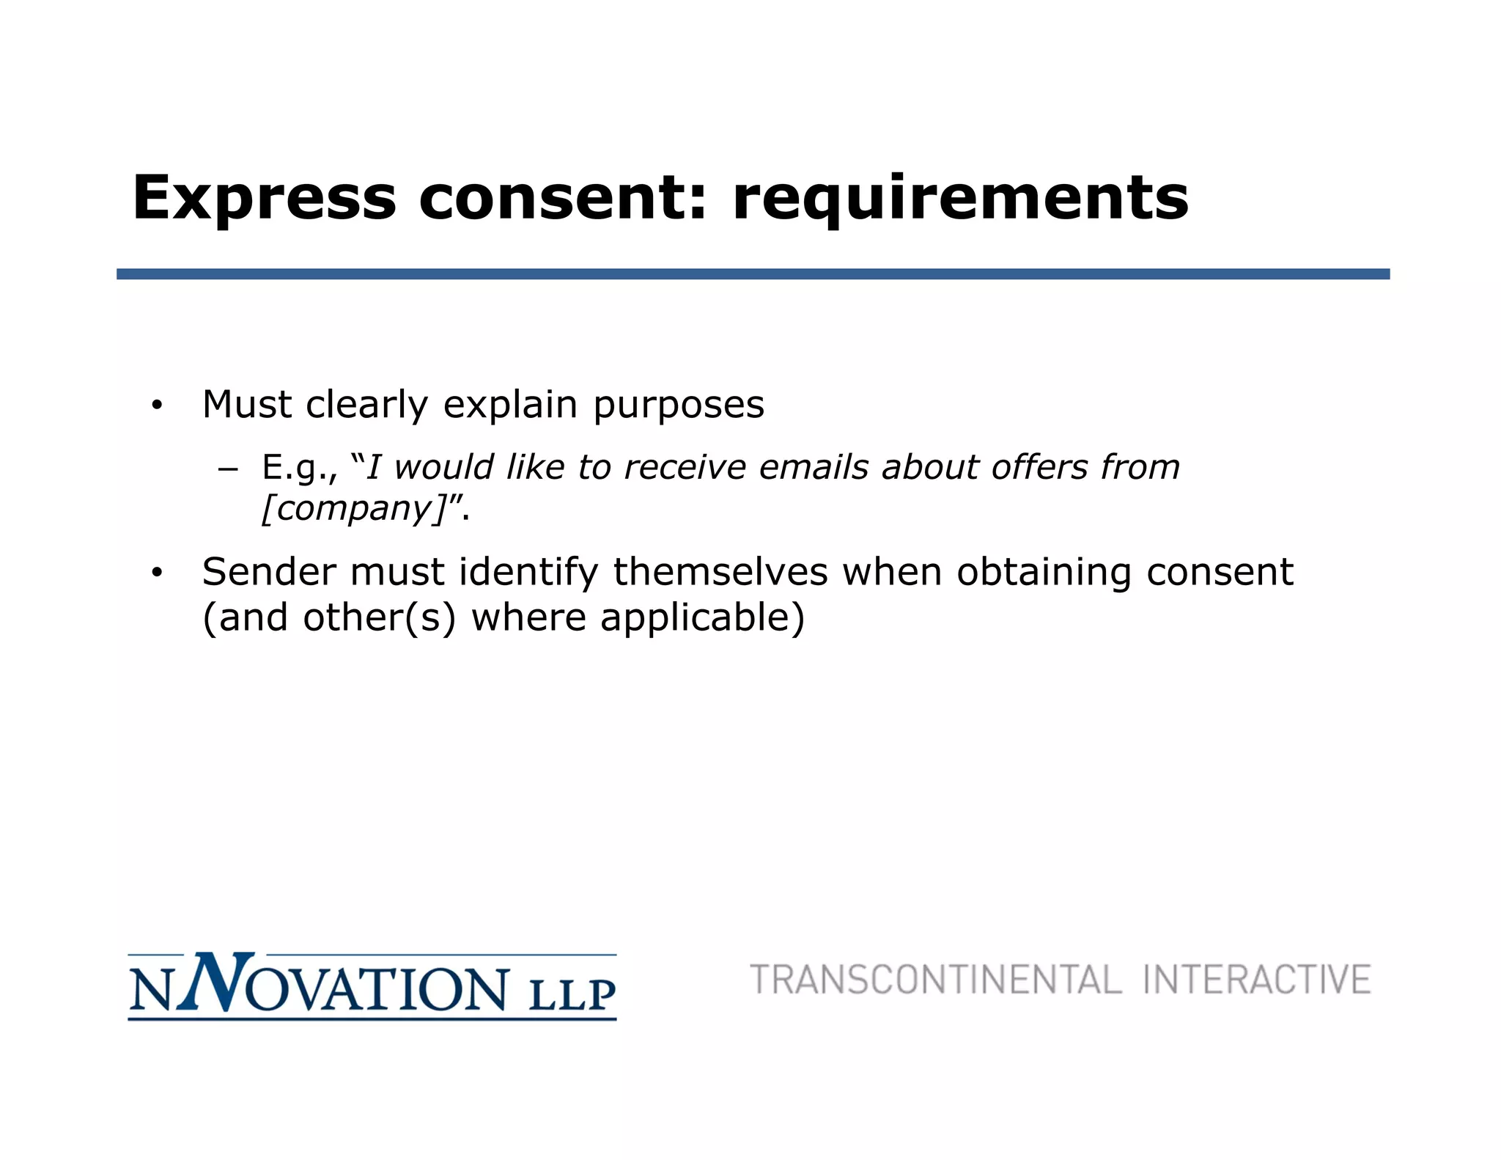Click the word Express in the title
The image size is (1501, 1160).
click(264, 198)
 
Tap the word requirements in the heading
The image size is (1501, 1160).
click(960, 198)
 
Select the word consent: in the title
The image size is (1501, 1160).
click(563, 198)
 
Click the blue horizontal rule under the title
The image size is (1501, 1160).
click(753, 274)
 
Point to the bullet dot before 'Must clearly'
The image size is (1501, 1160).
click(156, 405)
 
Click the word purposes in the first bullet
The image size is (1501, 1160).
click(678, 405)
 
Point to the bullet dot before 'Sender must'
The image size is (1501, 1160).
click(156, 573)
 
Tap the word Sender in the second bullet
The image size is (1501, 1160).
click(269, 572)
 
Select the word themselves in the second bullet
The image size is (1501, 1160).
click(720, 572)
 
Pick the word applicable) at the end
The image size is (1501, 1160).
click(702, 617)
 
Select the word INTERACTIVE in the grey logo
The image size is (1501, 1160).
click(1256, 980)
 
